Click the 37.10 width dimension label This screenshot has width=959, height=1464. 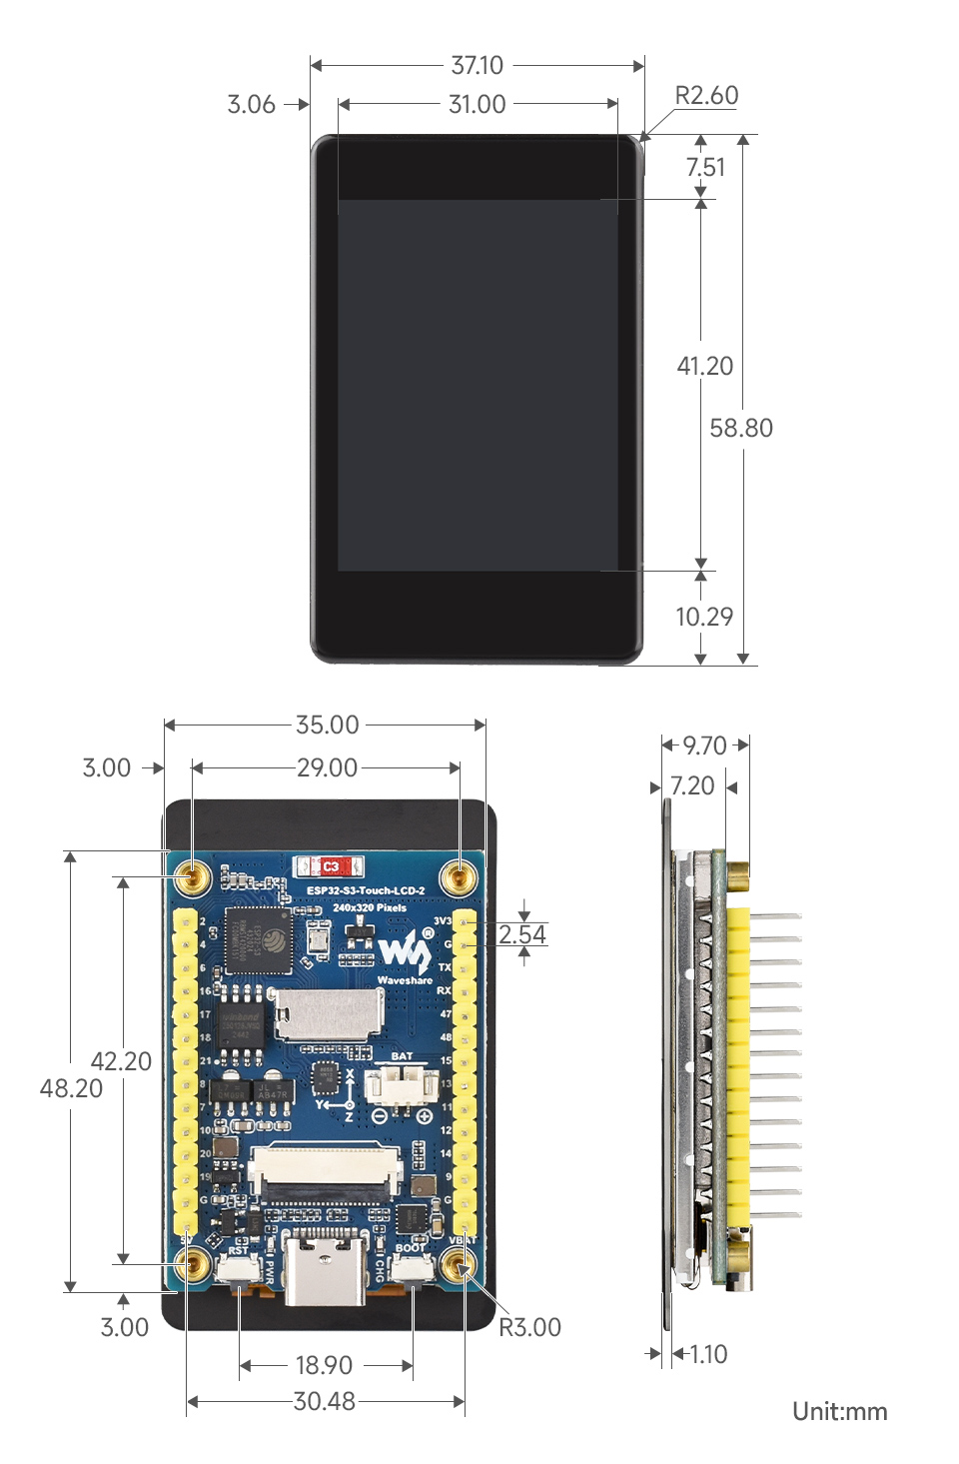[x=477, y=65]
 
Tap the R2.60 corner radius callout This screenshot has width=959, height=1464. [x=706, y=96]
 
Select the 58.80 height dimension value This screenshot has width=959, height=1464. [x=741, y=428]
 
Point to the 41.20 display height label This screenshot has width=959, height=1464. [x=705, y=366]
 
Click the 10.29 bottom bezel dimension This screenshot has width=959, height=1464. [x=704, y=617]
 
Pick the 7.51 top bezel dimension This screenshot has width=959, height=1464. [x=705, y=167]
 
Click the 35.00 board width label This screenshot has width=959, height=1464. [x=327, y=725]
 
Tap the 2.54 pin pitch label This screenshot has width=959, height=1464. [x=522, y=934]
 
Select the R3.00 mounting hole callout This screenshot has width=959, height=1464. [x=529, y=1327]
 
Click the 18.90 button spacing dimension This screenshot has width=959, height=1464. [x=324, y=1365]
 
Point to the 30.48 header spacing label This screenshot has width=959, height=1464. [x=325, y=1401]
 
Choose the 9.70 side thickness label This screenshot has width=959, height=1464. [x=704, y=745]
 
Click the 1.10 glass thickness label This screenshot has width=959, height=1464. [x=708, y=1354]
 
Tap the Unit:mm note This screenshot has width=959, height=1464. [x=839, y=1411]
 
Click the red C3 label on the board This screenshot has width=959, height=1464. [x=330, y=866]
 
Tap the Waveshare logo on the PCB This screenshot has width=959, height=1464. [x=406, y=954]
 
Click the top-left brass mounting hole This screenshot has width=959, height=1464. [x=191, y=877]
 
